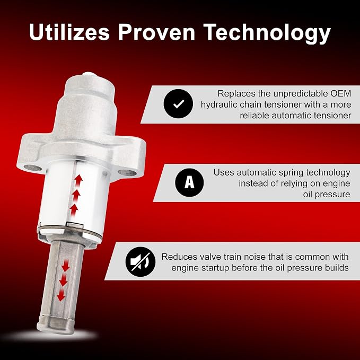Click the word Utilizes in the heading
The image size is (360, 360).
[x=69, y=32]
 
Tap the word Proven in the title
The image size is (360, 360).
[x=156, y=32]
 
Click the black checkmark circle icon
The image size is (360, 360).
[x=178, y=103]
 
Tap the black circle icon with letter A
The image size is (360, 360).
[x=189, y=182]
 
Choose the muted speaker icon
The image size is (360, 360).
[x=141, y=262]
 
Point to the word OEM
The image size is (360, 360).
[x=341, y=93]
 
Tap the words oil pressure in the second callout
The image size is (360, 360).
[x=327, y=195]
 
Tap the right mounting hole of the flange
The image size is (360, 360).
[x=127, y=173]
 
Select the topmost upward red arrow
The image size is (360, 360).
[x=78, y=180]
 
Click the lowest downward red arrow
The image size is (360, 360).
[x=61, y=295]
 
